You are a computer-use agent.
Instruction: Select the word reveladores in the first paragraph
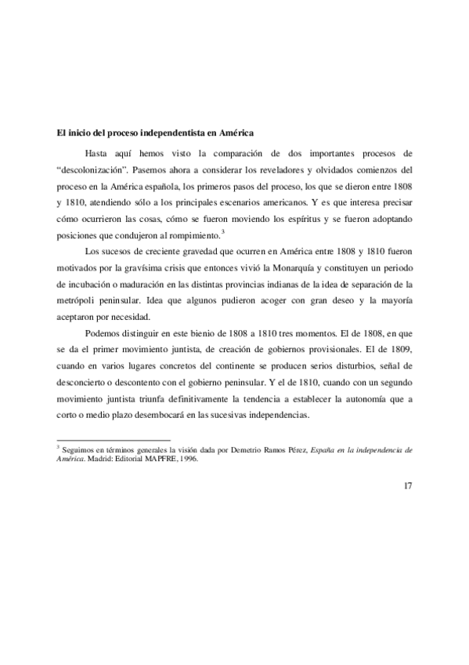coord(261,168)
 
